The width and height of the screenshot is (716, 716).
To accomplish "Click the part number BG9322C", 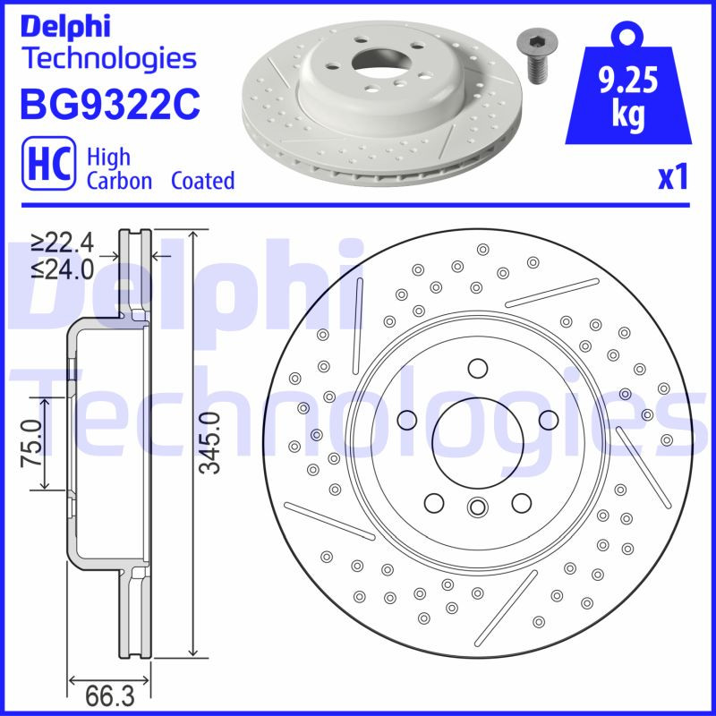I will tap(108, 104).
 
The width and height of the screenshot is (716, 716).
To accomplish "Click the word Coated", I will tap(203, 181).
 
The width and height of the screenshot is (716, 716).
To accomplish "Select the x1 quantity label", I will tap(672, 178).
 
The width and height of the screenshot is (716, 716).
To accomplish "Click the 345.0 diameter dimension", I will tap(209, 442).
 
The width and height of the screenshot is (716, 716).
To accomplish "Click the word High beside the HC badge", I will tap(108, 158).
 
